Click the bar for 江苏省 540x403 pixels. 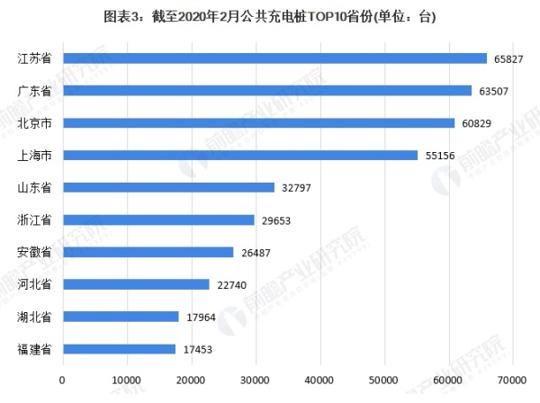pos(274,58)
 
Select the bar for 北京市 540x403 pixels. pos(258,123)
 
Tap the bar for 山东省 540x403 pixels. pos(168,187)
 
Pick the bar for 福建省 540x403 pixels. pos(119,349)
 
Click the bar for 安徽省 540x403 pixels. pos(148,252)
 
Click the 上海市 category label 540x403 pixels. pos(35,156)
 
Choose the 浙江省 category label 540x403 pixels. pos(35,220)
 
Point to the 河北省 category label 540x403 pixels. pos(35,285)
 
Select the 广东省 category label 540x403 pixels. pos(35,91)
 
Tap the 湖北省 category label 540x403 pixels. pos(35,317)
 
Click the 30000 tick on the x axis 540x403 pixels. pos(256,381)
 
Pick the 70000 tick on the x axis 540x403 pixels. pos(513,381)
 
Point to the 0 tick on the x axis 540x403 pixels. pos(62,381)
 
